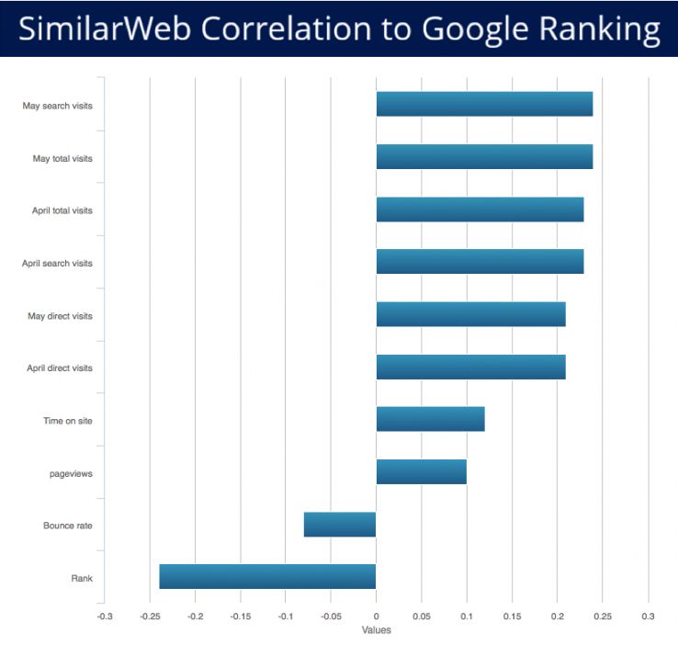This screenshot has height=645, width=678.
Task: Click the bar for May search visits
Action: coord(484,104)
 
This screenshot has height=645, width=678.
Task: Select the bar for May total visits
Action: coord(484,157)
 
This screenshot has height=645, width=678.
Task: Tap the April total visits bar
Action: coord(480,209)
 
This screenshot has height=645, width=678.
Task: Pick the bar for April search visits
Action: coord(480,262)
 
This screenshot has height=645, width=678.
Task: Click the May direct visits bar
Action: coord(470,314)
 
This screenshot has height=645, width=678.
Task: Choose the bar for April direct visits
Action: coord(470,367)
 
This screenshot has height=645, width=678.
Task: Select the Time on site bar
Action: coord(430,419)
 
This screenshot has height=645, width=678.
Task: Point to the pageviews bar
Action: coord(421,471)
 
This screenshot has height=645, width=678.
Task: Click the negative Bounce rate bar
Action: coord(340,524)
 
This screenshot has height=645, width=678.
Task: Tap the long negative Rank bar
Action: coord(267,576)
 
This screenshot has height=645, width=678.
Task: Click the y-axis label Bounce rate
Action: coord(68,526)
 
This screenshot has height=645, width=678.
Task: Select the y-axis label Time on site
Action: coord(68,421)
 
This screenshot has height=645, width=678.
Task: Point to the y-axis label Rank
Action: coord(82,578)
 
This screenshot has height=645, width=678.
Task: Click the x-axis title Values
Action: coord(376,630)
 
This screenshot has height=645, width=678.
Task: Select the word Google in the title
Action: coord(467,28)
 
